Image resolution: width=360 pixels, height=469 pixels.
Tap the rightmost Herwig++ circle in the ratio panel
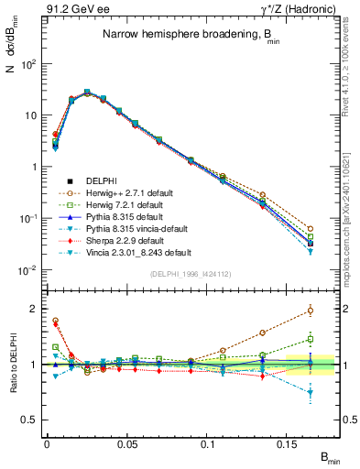(310, 310)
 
